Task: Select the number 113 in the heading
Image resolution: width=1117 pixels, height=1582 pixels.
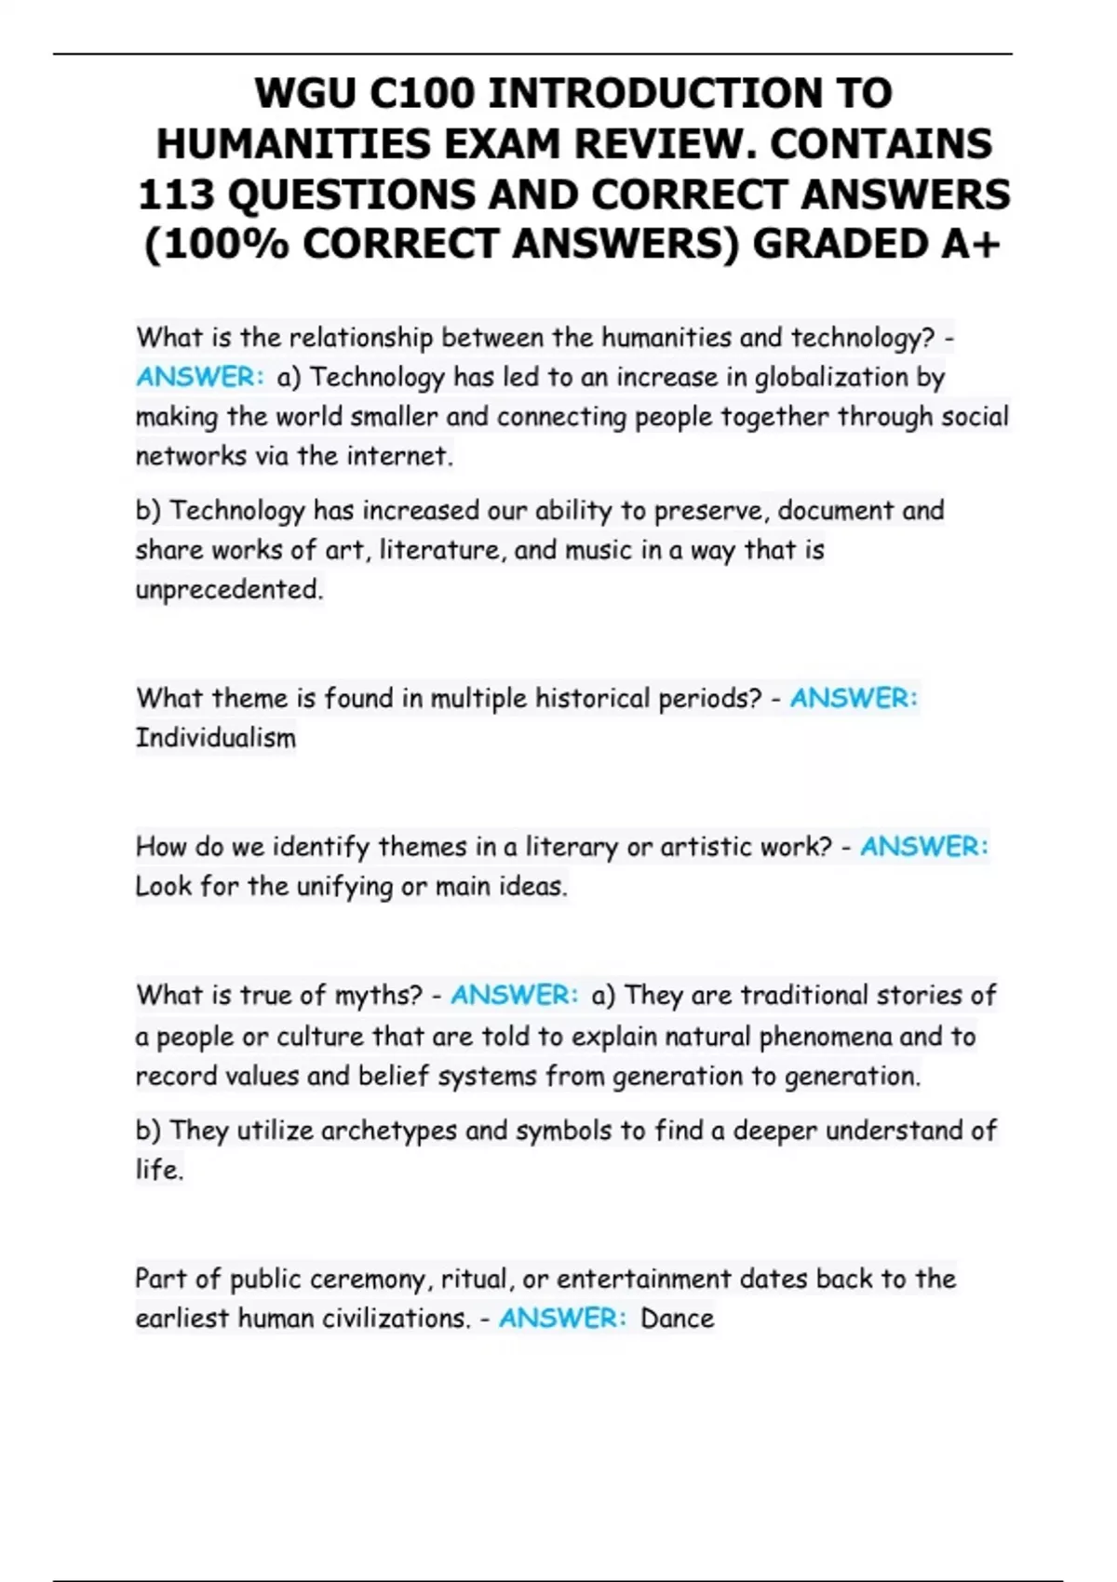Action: pos(176,194)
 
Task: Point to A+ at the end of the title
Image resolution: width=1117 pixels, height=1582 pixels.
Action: pos(971,245)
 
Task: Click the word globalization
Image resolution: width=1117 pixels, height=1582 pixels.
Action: pos(830,378)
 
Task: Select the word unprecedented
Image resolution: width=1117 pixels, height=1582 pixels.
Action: pos(229,590)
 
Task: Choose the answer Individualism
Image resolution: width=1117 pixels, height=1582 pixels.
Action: pos(216,738)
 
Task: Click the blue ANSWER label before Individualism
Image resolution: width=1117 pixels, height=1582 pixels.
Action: pos(854,698)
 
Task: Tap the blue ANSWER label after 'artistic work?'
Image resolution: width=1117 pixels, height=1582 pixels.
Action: pos(923,847)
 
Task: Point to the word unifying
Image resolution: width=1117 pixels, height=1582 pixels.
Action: pos(344,887)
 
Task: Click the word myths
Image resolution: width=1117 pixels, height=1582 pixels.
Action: pos(378,996)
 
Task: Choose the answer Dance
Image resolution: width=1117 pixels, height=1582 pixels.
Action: pos(677,1319)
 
